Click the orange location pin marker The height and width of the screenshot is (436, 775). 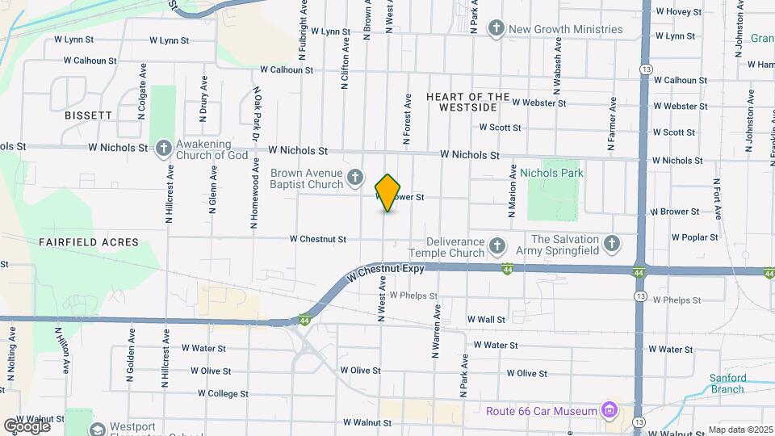coord(388,192)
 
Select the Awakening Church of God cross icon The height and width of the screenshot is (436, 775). coord(163,148)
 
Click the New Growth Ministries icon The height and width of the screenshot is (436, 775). coord(496,29)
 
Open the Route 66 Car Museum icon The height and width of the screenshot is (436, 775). coord(610,411)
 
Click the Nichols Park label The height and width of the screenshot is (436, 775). coord(551,173)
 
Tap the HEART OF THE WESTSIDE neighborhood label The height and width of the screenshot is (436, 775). coord(468,102)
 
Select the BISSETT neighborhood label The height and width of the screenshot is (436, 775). coord(89,115)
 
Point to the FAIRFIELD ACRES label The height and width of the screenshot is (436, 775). coord(89,241)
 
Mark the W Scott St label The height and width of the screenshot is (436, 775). coord(500,127)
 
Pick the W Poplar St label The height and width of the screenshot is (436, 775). coord(694,237)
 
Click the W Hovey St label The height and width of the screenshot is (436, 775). coord(681,11)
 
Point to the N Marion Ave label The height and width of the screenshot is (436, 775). coord(513,192)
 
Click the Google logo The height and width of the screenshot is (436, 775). coord(27,426)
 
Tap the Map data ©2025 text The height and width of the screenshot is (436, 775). coord(739,430)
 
